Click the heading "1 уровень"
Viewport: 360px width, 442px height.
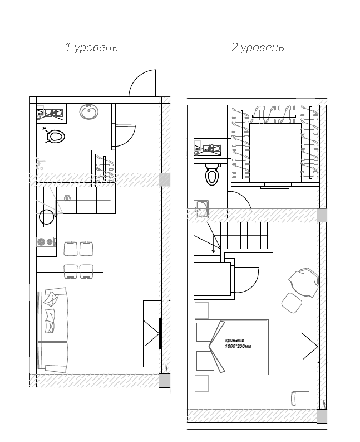(91, 48)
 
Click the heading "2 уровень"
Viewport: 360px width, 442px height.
(258, 48)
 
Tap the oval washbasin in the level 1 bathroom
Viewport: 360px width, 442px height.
(89, 112)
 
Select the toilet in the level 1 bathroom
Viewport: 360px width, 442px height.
(55, 135)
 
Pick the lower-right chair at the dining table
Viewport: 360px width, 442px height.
(86, 271)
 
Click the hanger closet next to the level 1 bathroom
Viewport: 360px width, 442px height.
(105, 168)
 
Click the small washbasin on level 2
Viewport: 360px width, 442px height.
(201, 210)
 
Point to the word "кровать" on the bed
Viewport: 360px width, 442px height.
(234, 340)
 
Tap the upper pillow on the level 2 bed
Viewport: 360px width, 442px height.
(205, 331)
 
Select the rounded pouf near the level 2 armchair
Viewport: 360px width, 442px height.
(291, 302)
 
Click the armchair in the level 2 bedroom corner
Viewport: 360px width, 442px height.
(305, 281)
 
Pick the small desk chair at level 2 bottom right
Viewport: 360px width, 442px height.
(300, 398)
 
